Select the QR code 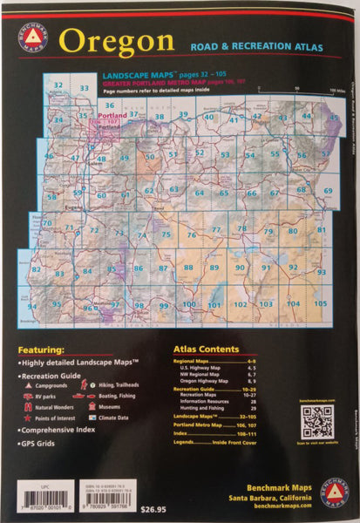[x=317, y=421]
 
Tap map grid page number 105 [x=320, y=303]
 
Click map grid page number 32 [x=58, y=85]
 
